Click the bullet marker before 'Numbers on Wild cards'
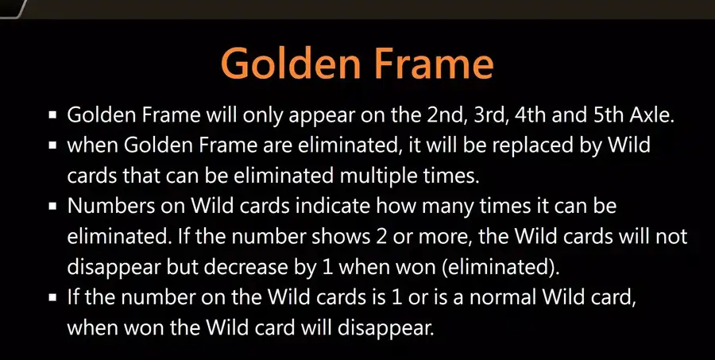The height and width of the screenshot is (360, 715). tap(52, 207)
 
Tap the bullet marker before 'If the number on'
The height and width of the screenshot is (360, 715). tap(52, 297)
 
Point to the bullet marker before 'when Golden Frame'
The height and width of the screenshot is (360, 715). tap(52, 145)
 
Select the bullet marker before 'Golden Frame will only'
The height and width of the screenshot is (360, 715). tap(52, 115)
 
